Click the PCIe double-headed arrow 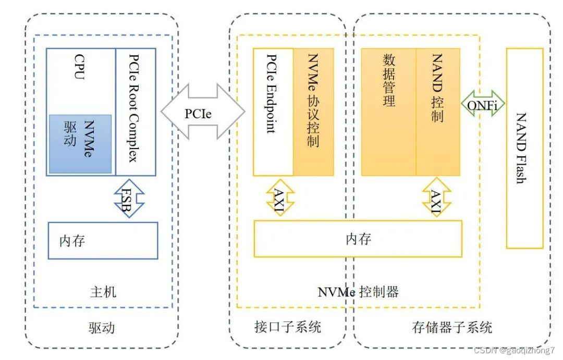click(202, 113)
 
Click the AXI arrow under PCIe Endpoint click(280, 198)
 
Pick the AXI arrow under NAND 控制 click(436, 198)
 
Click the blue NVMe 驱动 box click(80, 144)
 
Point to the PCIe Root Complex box click(135, 112)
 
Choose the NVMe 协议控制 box click(313, 112)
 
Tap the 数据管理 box click(388, 112)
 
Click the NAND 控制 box click(438, 112)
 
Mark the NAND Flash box click(524, 148)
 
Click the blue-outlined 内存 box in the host click(103, 240)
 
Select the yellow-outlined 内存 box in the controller click(358, 239)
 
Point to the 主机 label click(103, 292)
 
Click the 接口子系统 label click(288, 327)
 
